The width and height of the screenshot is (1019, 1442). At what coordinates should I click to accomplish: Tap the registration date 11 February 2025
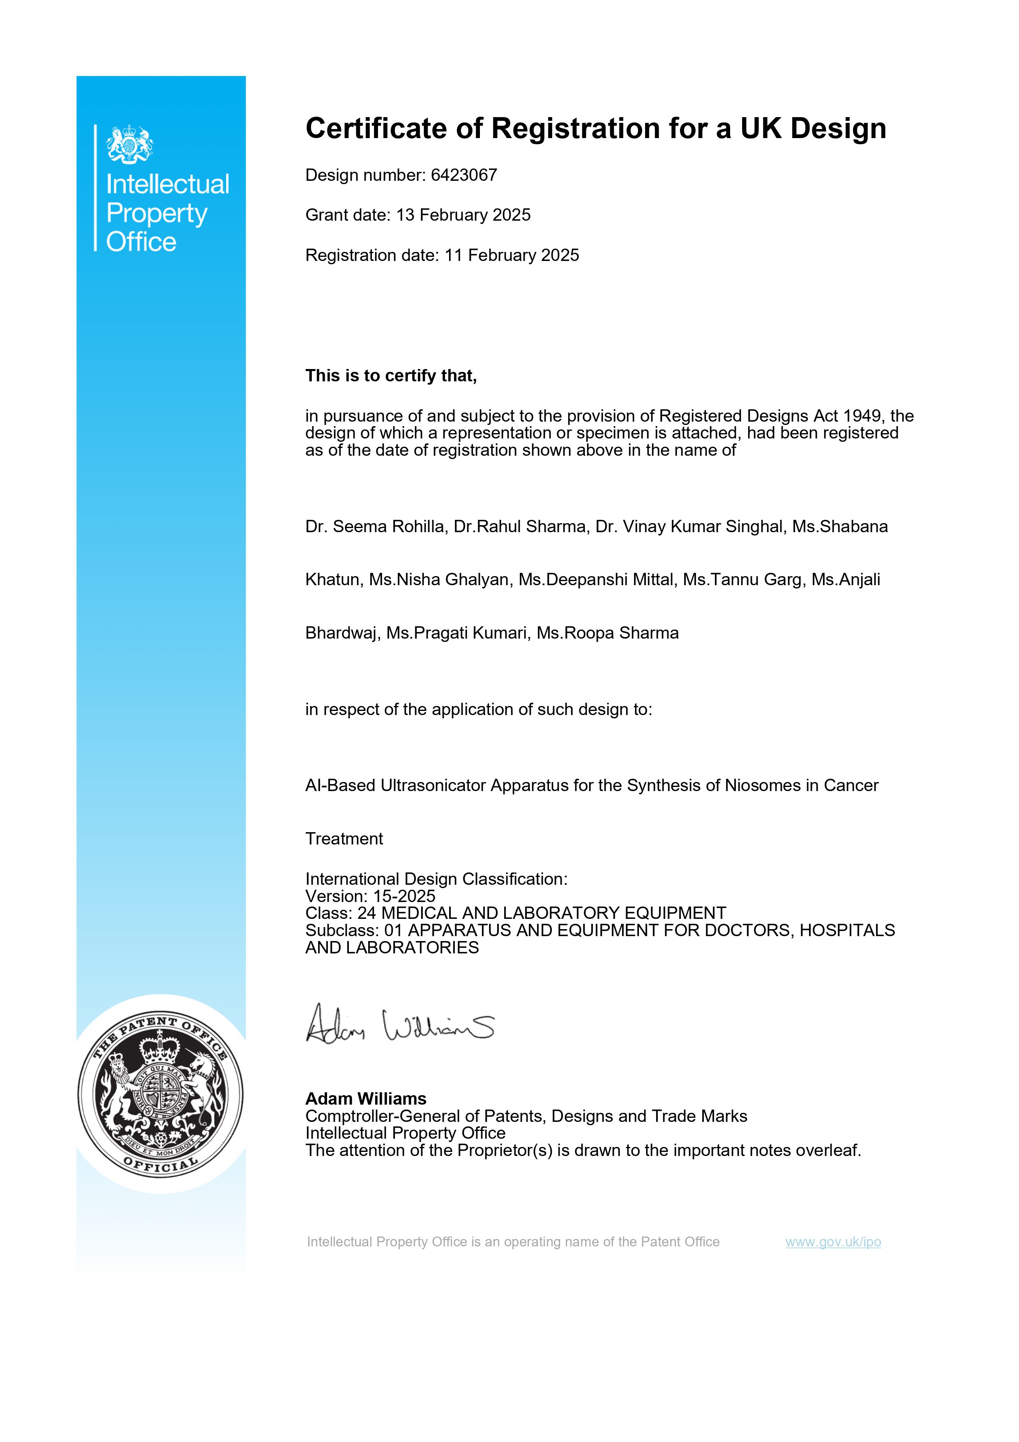tap(512, 256)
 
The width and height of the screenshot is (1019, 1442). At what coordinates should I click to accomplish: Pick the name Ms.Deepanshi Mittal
tap(595, 580)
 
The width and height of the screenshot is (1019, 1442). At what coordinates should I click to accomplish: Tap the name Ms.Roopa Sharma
tap(607, 633)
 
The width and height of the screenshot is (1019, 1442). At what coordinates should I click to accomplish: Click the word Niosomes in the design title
tap(763, 786)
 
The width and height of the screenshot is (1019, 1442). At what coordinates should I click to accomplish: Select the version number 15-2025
tap(404, 896)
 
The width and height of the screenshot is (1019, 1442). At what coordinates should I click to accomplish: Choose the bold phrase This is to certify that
tap(390, 376)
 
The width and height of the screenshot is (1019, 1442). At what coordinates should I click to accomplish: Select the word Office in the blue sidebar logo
tap(141, 242)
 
